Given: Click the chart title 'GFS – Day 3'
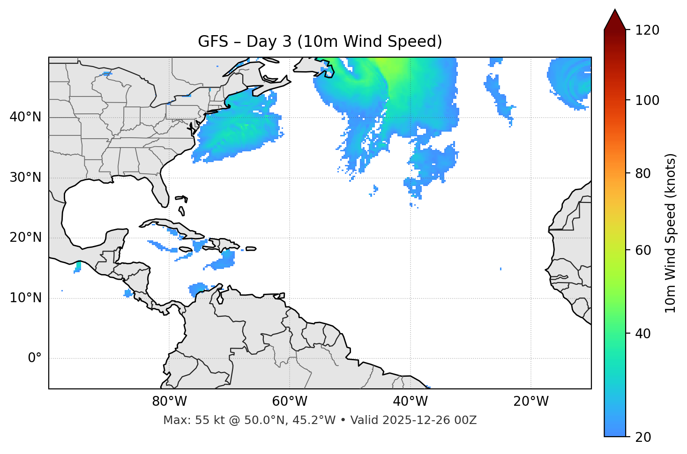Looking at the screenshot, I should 320,42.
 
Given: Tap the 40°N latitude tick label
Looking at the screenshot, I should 25,117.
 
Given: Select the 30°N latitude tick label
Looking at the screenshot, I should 25,178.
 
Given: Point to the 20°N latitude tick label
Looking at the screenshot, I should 25,238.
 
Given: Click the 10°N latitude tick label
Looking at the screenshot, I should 25,298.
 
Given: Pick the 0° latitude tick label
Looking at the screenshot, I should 35,358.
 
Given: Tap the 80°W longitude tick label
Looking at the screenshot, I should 169,402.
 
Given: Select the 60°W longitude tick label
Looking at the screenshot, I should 290,402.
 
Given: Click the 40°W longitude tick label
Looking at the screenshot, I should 410,402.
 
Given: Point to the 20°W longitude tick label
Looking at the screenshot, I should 530,402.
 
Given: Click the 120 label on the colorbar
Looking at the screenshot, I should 647,30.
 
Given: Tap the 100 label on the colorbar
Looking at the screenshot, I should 647,100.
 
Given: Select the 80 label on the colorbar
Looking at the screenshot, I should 644,173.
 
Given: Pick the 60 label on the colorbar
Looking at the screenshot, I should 644,250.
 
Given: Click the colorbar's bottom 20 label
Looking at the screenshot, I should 644,437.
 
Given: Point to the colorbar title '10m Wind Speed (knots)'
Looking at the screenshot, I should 671,233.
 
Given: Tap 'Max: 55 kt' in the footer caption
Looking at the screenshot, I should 185,420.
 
